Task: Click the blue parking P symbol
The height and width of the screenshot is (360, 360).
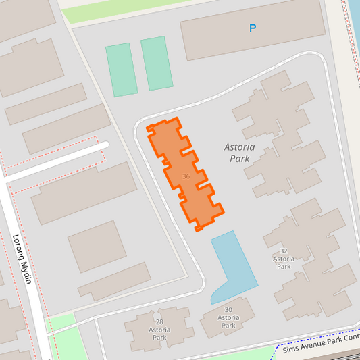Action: pyautogui.click(x=253, y=28)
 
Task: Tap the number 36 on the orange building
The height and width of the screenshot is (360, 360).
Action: pyautogui.click(x=186, y=176)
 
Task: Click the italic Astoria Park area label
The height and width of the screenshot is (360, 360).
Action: pyautogui.click(x=237, y=153)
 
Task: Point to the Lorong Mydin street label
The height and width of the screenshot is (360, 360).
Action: pyautogui.click(x=22, y=259)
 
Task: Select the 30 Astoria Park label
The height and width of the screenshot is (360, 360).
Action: pyautogui.click(x=229, y=317)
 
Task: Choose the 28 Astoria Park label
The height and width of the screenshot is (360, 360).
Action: pyautogui.click(x=159, y=330)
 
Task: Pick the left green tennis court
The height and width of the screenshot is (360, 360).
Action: pyautogui.click(x=121, y=70)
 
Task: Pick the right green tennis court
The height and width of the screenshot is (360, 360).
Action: pyautogui.click(x=156, y=63)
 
